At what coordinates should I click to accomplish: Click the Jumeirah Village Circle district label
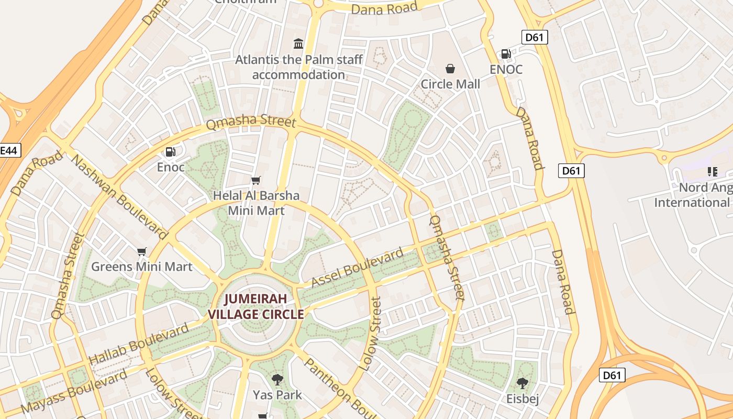pyautogui.click(x=256, y=307)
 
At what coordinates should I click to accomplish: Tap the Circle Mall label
pyautogui.click(x=450, y=84)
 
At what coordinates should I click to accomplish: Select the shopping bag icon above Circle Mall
pyautogui.click(x=450, y=69)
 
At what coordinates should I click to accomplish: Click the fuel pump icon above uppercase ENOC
pyautogui.click(x=506, y=53)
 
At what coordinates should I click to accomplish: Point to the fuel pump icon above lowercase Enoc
pyautogui.click(x=171, y=152)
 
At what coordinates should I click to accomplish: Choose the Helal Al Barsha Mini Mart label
pyautogui.click(x=256, y=203)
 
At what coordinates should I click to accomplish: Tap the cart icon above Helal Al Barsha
pyautogui.click(x=256, y=181)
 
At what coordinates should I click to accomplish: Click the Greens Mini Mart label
pyautogui.click(x=142, y=267)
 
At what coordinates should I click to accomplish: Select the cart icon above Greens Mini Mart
pyautogui.click(x=142, y=251)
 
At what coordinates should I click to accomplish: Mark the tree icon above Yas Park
pyautogui.click(x=277, y=379)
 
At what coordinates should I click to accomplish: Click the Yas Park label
pyautogui.click(x=277, y=394)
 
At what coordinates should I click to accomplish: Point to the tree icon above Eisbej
pyautogui.click(x=522, y=383)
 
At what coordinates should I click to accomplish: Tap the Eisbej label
pyautogui.click(x=522, y=399)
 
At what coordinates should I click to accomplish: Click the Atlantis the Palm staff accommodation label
pyautogui.click(x=298, y=67)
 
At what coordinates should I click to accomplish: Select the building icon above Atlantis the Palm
pyautogui.click(x=298, y=43)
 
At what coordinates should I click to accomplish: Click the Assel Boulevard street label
pyautogui.click(x=358, y=268)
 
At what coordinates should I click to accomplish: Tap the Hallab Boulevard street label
pyautogui.click(x=138, y=345)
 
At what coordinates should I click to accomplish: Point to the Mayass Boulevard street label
pyautogui.click(x=74, y=392)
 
